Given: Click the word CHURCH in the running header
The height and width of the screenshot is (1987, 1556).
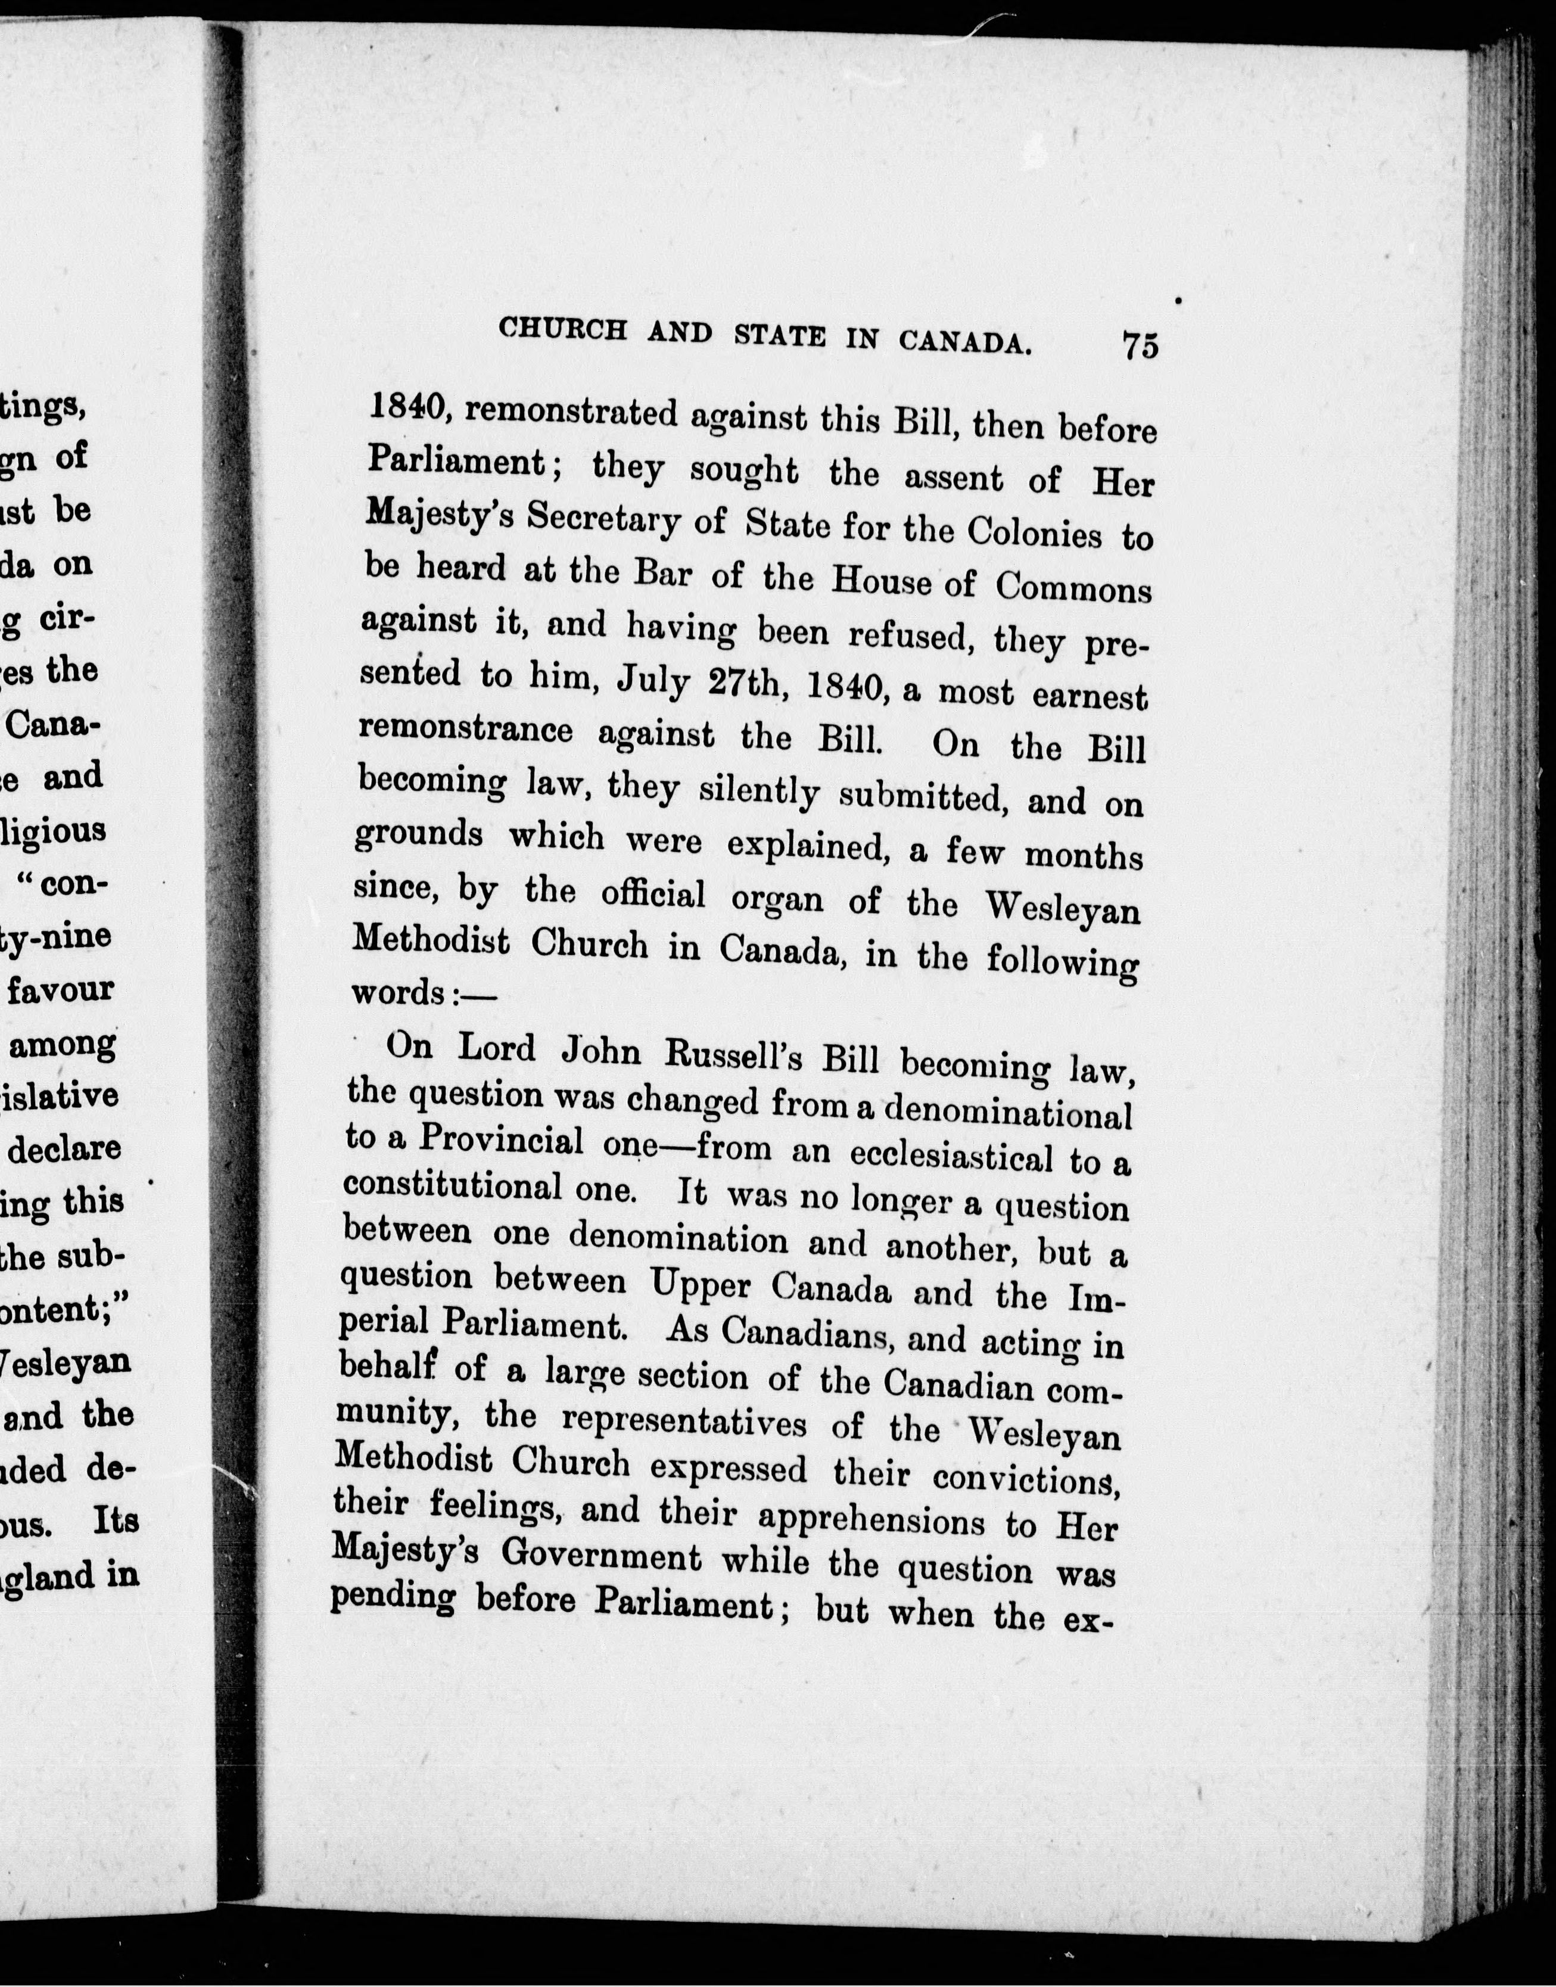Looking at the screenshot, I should point(563,329).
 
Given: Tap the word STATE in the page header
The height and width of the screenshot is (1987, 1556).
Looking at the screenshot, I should point(780,335).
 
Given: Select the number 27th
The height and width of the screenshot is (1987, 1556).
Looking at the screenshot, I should point(748,686).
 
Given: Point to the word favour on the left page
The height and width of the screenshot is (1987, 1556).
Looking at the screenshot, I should point(61,989).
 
